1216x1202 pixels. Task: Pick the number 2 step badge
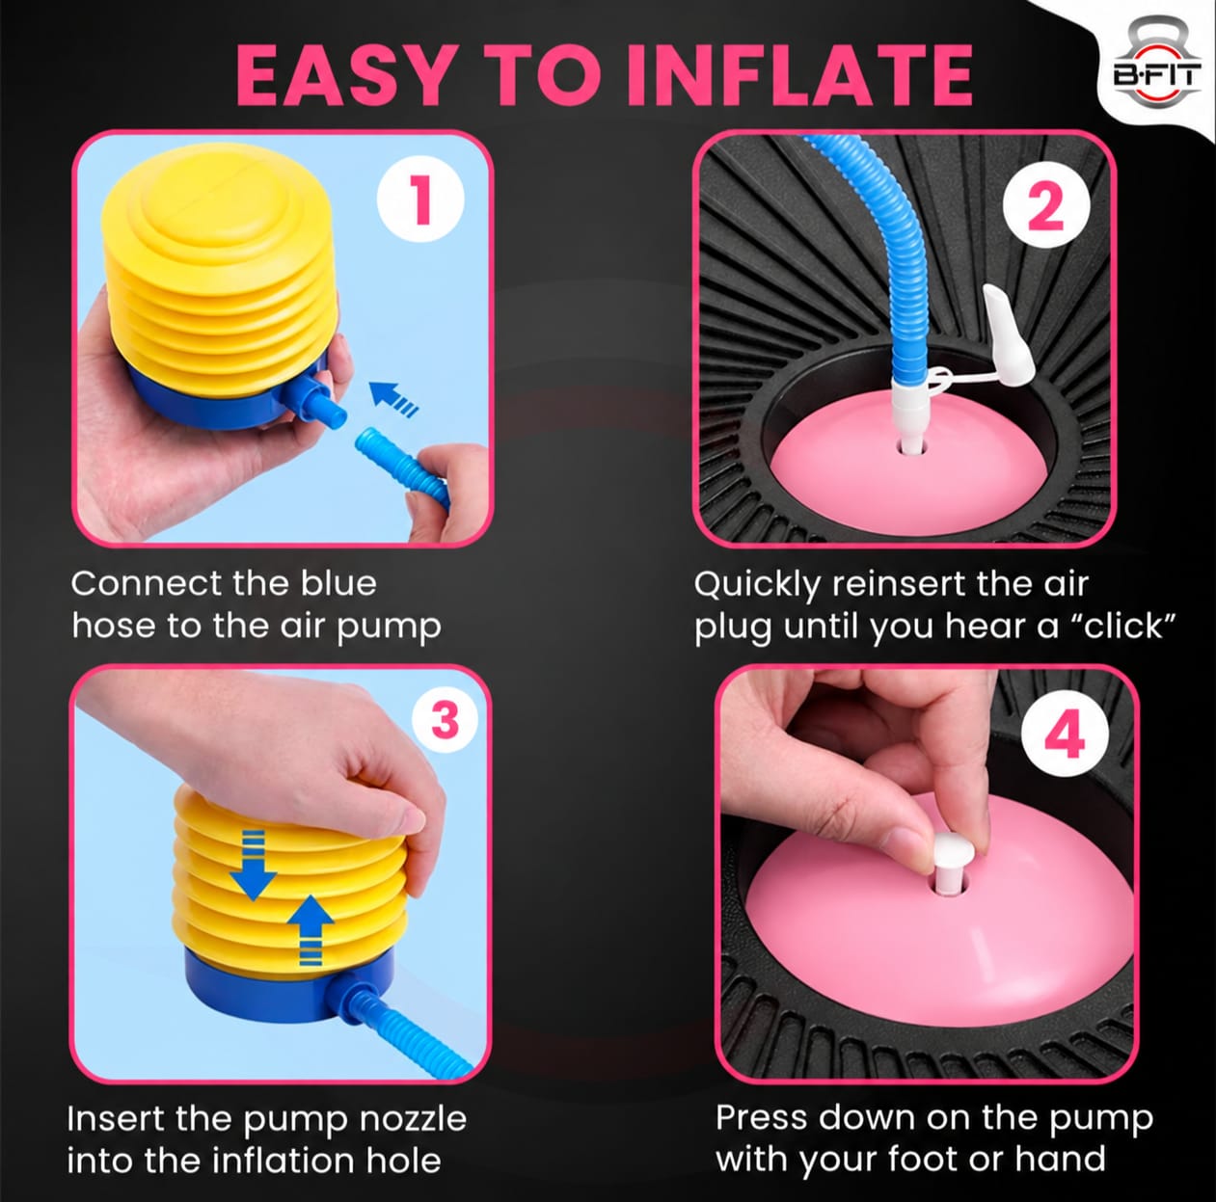[1046, 204]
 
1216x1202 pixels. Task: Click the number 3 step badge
[445, 720]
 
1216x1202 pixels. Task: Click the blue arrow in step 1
[393, 399]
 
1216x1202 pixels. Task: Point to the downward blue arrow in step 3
[253, 865]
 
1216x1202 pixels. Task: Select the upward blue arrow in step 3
[310, 930]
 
